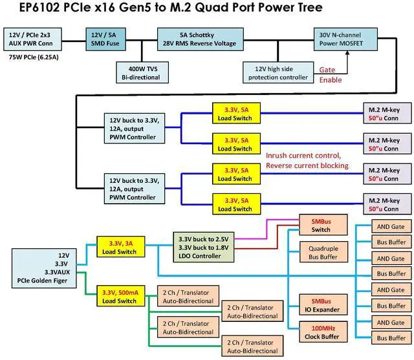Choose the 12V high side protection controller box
tap(279, 72)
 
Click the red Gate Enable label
tap(330, 74)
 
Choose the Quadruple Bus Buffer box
tap(323, 252)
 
